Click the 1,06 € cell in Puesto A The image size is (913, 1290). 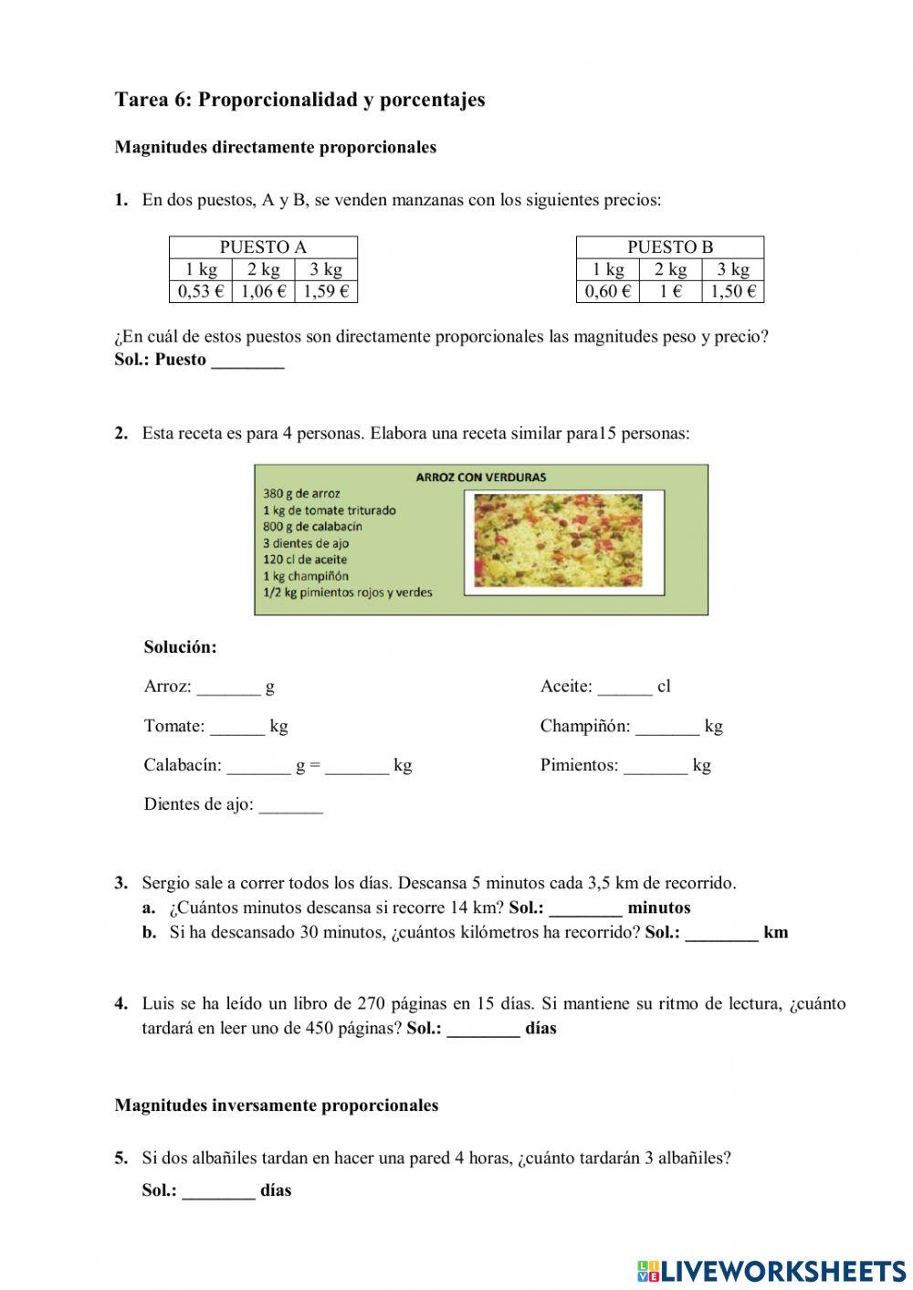coord(263,291)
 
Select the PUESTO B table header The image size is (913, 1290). coord(669,246)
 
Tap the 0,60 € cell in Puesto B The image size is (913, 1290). coord(607,291)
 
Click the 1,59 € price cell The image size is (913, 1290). coord(326,291)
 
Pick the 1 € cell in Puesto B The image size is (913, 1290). coord(670,291)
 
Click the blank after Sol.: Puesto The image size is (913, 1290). coord(247,362)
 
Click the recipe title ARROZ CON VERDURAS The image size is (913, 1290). coord(480,477)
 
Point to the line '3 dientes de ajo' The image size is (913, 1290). coord(306,543)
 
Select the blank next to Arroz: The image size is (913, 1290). coord(228,688)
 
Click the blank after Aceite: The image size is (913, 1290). coord(625,688)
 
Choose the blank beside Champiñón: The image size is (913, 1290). coord(667,728)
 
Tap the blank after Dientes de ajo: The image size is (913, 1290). coord(290,806)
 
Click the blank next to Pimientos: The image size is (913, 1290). coord(655,767)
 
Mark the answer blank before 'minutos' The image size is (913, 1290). coord(585,909)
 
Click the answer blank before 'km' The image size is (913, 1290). coord(721,934)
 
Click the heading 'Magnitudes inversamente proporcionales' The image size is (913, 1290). coord(276,1106)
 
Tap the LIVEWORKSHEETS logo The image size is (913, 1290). coord(771,1270)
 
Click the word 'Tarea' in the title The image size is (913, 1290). coord(137,100)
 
